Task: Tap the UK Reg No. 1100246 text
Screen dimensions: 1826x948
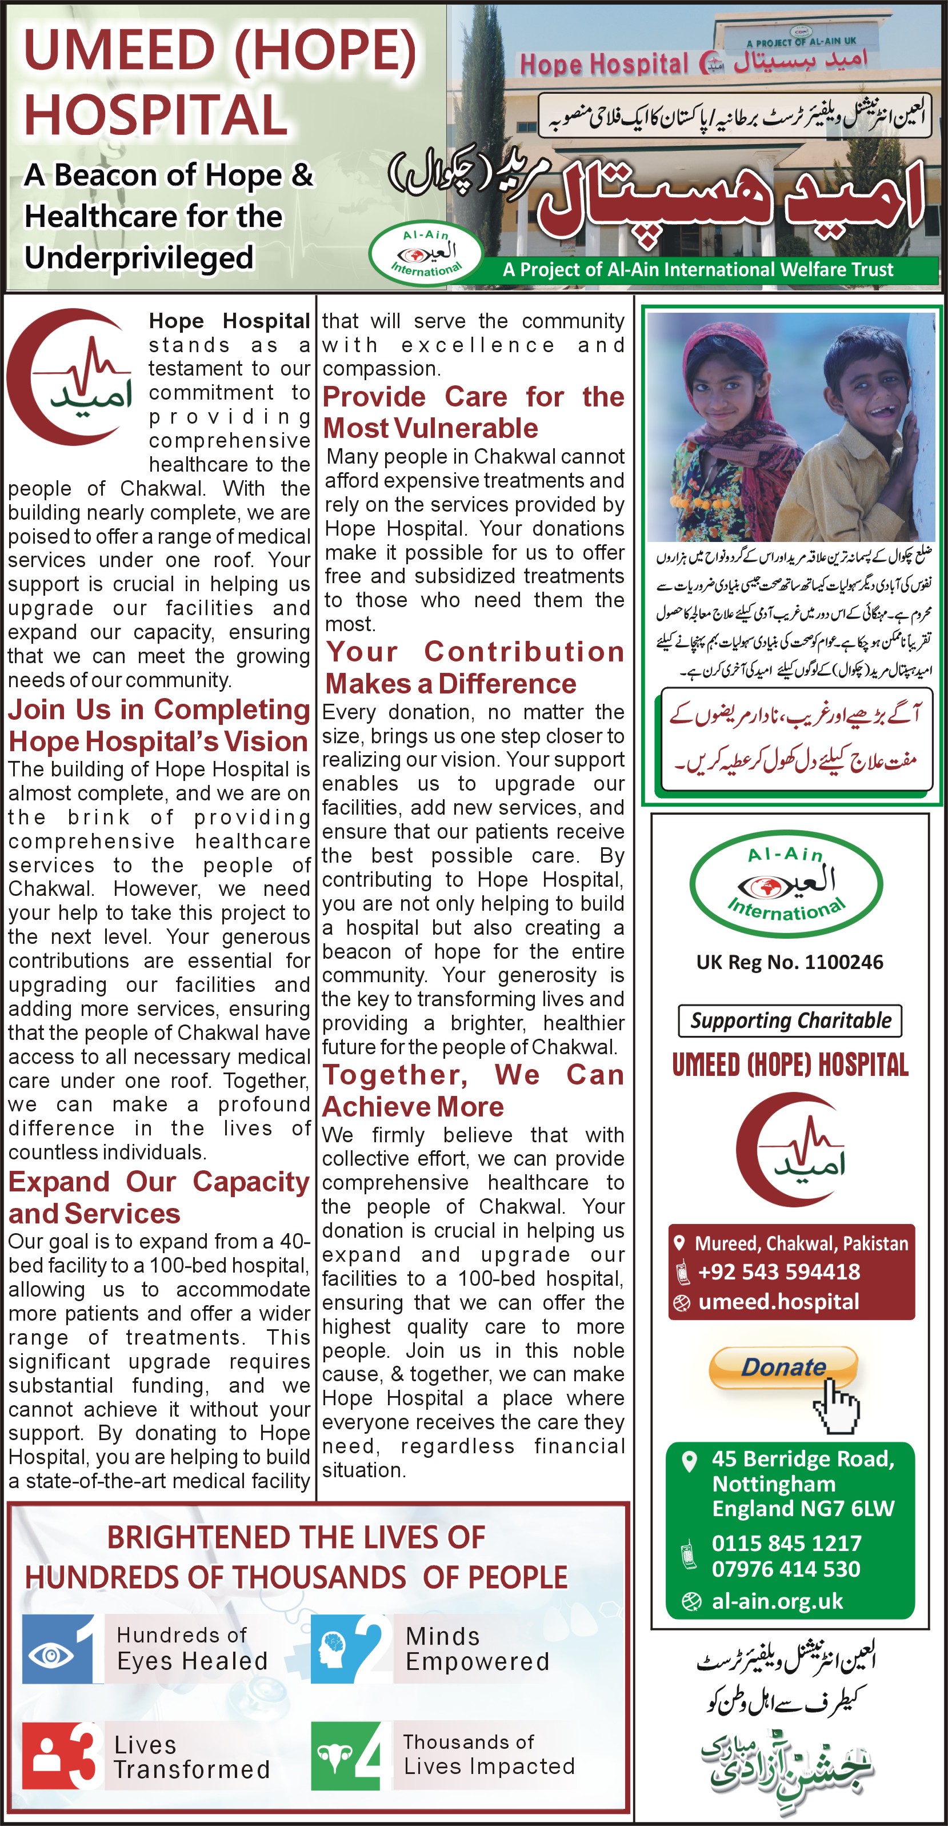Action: (x=789, y=962)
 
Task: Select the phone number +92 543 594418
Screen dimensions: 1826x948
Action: (x=779, y=1271)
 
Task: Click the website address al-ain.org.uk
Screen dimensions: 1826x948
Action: (x=777, y=1601)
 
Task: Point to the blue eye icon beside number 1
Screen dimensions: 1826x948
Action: (x=51, y=1657)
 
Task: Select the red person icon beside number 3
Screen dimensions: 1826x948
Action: (x=47, y=1756)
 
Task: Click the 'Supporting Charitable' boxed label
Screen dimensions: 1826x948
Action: (x=790, y=1020)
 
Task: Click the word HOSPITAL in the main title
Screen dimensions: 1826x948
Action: (x=156, y=115)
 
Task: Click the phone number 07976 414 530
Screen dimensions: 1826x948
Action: (x=786, y=1569)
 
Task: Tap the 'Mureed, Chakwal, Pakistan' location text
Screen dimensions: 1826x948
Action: (x=801, y=1243)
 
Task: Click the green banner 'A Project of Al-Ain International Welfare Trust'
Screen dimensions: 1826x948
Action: (x=698, y=269)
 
